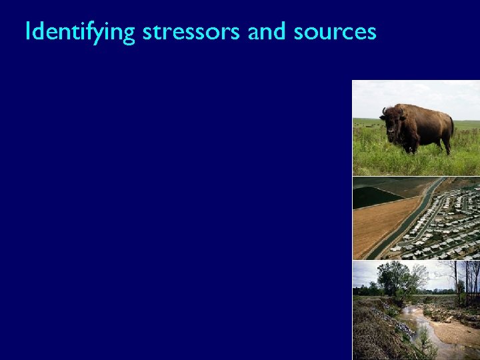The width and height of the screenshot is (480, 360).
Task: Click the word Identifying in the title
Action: coord(79,31)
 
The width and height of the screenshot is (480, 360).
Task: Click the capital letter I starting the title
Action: coord(27,31)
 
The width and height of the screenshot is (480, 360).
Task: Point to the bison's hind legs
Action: coord(445,141)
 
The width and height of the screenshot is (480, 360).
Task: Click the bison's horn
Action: coord(384,111)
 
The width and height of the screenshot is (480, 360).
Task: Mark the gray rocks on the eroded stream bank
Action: coord(400,323)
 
